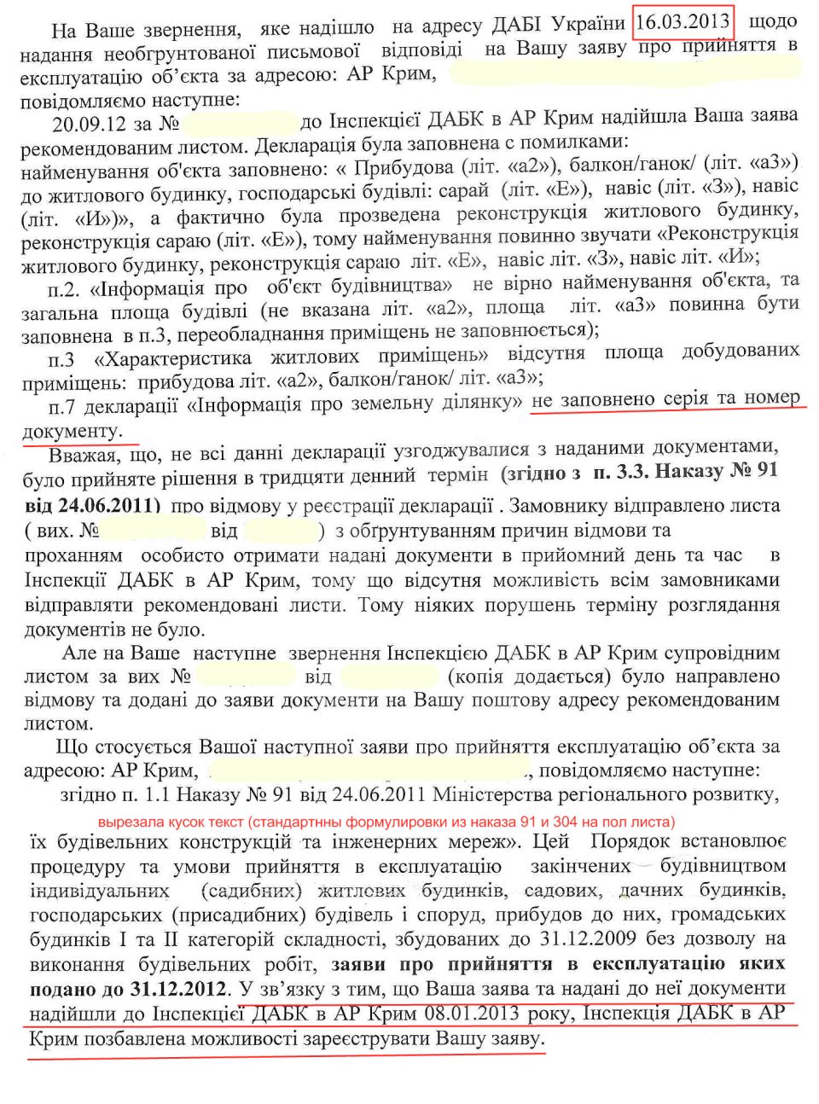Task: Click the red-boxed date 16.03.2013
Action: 682,20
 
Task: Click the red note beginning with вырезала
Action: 386,822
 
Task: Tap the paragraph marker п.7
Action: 64,406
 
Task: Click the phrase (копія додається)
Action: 529,677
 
